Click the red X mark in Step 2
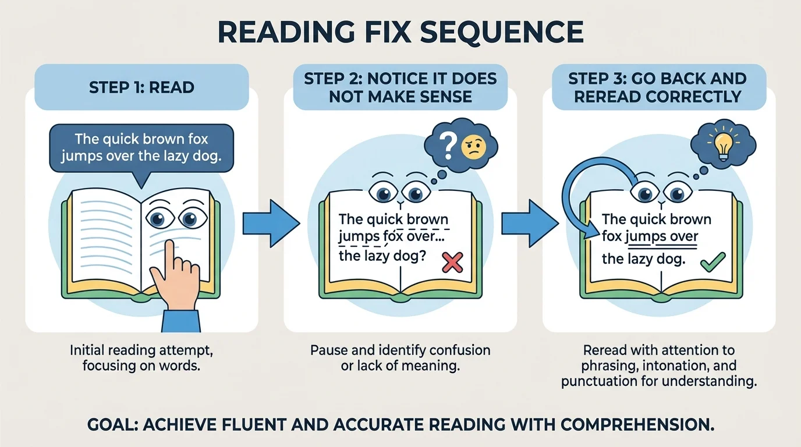point(452,262)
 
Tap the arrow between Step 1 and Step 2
point(270,223)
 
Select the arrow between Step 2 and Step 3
point(529,223)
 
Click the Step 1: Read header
point(141,87)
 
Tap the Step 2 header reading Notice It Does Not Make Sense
point(400,87)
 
